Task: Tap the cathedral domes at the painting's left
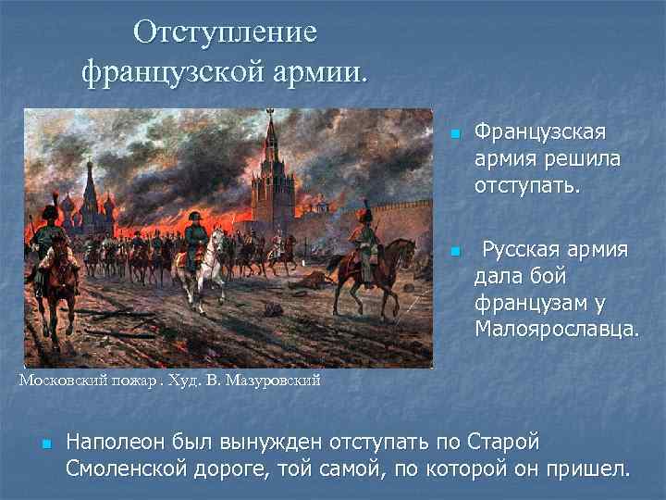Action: [90, 190]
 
